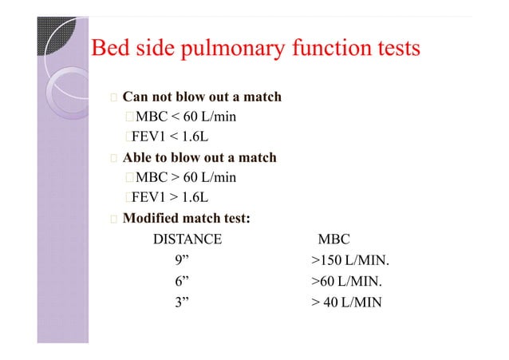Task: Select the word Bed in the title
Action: coord(110,49)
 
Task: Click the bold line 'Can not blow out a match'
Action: coord(201,97)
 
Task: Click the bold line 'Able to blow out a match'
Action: coord(199,157)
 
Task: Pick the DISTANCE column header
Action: coord(187,239)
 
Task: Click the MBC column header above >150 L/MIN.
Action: coord(333,239)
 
